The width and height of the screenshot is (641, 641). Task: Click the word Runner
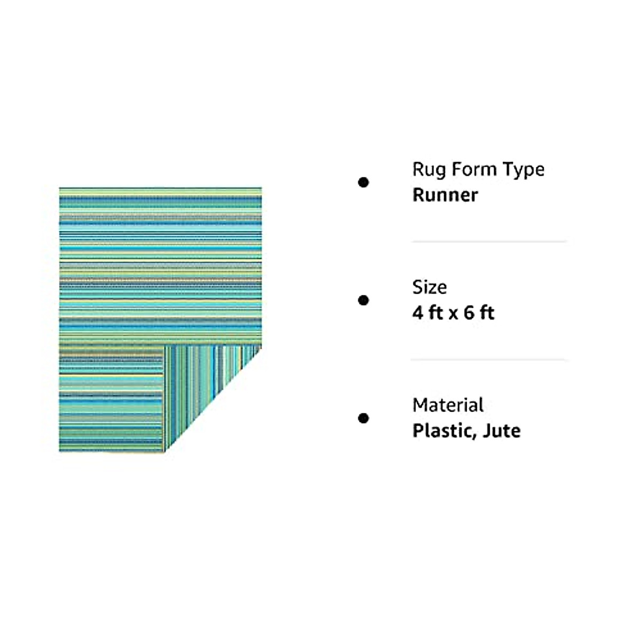coord(444,195)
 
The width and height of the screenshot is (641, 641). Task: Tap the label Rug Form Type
coord(478,169)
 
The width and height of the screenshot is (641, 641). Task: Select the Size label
coord(429,287)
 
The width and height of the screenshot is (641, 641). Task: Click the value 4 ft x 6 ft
coord(453,312)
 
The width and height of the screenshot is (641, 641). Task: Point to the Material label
coord(448,405)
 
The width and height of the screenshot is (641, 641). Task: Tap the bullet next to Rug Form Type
coord(364,183)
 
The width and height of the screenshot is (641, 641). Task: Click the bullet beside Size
coord(364,300)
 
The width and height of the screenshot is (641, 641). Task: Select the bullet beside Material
coord(364,418)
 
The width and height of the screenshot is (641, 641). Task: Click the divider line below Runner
coord(489,241)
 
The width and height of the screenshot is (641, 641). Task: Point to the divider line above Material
coord(489,359)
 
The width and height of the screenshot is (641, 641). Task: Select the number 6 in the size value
coord(469,312)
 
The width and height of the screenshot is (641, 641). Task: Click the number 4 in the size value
coord(418,312)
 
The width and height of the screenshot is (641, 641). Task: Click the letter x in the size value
coord(453,314)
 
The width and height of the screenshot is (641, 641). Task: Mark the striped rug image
coord(160,267)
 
